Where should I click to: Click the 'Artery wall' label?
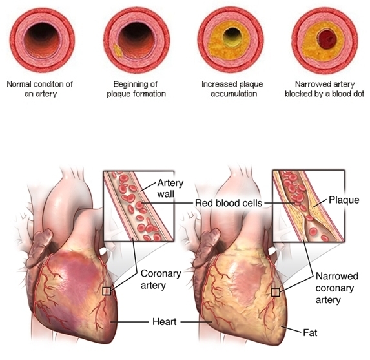pyautogui.click(x=170, y=189)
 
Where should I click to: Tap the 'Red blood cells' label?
pyautogui.click(x=229, y=203)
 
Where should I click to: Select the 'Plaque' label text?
pyautogui.click(x=344, y=200)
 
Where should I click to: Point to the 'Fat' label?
pyautogui.click(x=310, y=333)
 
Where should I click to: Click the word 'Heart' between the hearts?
pyautogui.click(x=164, y=321)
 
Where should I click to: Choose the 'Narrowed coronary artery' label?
pyautogui.click(x=336, y=288)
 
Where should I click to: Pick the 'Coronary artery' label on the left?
pyautogui.click(x=161, y=279)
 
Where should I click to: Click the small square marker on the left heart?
pyautogui.click(x=107, y=291)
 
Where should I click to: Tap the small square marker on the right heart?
pyautogui.click(x=275, y=292)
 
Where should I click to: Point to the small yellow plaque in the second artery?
pyautogui.click(x=117, y=50)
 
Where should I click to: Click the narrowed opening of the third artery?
pyautogui.click(x=232, y=37)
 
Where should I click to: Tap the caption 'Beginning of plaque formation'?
pyautogui.click(x=136, y=89)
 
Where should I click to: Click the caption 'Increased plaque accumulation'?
pyautogui.click(x=232, y=89)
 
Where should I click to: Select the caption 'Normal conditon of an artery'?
pyautogui.click(x=40, y=89)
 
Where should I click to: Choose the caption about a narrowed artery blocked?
pyautogui.click(x=325, y=89)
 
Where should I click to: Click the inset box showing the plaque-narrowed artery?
pyautogui.click(x=309, y=206)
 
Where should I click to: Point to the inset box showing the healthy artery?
pyautogui.click(x=139, y=206)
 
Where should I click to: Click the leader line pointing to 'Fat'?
pyautogui.click(x=294, y=329)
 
